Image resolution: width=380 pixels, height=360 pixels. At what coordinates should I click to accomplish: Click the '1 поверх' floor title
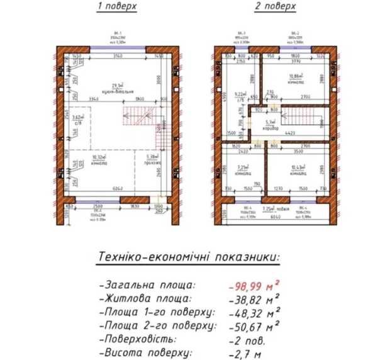click(x=116, y=7)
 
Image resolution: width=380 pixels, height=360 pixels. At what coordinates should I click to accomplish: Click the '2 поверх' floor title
click(x=274, y=7)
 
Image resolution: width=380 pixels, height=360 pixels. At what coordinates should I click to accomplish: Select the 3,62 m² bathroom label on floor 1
click(x=78, y=120)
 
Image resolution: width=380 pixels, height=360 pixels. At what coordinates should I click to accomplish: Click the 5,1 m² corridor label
click(x=271, y=124)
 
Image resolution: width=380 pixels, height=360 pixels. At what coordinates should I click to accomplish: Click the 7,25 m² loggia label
click(x=271, y=208)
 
